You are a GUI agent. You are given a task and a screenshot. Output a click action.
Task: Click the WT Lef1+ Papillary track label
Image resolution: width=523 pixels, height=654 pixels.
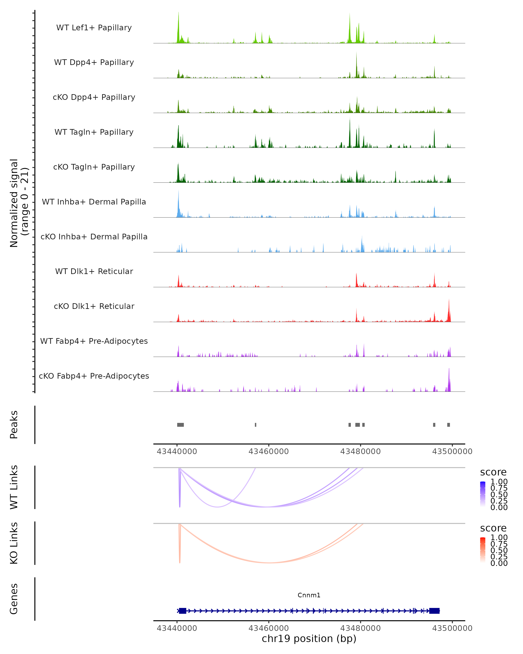(x=94, y=28)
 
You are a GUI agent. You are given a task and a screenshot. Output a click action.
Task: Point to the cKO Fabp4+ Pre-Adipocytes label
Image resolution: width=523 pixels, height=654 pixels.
(x=94, y=376)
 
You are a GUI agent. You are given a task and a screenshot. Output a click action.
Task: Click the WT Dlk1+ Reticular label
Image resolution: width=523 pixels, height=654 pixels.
(x=94, y=271)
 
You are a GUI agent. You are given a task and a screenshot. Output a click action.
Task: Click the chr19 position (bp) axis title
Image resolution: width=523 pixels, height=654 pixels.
(x=309, y=639)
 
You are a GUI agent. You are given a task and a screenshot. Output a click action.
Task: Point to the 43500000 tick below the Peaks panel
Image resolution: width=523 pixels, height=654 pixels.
(x=452, y=451)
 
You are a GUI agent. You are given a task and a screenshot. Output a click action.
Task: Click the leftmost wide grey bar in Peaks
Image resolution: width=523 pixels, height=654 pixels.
(x=180, y=425)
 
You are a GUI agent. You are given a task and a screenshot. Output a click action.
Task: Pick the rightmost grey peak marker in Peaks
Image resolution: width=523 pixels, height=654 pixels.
(x=448, y=425)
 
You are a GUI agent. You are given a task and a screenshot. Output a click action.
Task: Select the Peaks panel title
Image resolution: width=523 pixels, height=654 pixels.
(x=14, y=425)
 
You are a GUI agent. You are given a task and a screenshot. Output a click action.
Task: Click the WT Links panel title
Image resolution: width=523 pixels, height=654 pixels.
(x=14, y=487)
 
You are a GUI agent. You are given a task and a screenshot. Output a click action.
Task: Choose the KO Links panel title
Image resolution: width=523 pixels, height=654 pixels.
(x=14, y=543)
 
